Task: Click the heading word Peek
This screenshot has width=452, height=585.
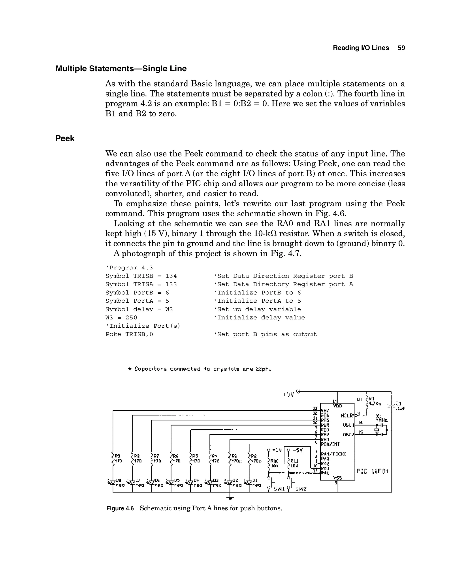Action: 65,138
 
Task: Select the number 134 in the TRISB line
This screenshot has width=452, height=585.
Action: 171,276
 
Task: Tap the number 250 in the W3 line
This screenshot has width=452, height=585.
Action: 131,317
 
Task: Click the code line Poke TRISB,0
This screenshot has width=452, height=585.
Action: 129,334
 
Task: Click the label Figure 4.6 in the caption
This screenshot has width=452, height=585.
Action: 120,508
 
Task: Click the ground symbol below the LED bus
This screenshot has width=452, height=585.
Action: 230,498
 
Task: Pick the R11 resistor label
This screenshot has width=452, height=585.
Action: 294,461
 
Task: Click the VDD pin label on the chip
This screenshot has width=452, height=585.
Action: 337,406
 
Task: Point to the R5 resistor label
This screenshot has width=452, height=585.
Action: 195,456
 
